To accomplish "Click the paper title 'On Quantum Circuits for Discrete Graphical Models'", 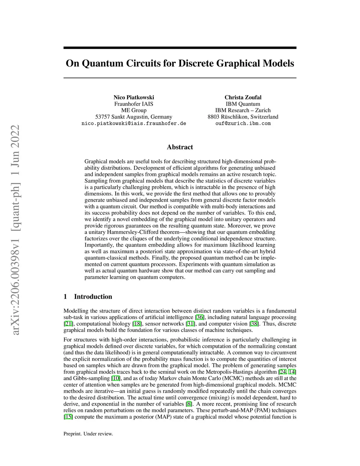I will pos(180,64).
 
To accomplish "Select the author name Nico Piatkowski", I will pos(134,97).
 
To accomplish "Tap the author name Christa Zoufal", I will pos(243,97).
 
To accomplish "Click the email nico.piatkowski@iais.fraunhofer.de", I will pos(134,123).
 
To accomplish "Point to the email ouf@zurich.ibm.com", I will pos(243,123).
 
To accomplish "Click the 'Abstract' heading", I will pos(180,147).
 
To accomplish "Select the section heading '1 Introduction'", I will pos(88,296).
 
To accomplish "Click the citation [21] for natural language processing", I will pos(68,324).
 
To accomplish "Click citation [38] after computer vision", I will pos(254,324).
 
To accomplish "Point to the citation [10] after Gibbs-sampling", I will pos(116,378).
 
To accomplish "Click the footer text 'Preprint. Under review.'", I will pos(88,434).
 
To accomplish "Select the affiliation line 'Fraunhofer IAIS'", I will pos(134,104).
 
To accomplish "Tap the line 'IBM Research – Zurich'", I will pos(243,110).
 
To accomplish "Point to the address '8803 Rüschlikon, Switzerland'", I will pos(243,117).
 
